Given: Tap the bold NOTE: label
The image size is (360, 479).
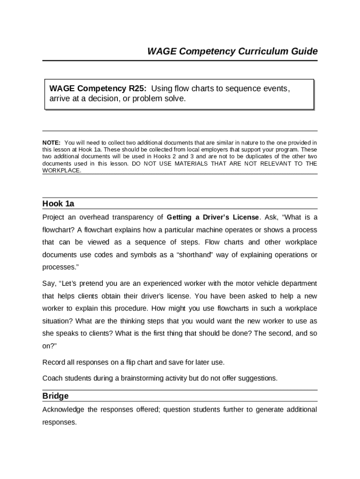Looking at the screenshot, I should (51, 142).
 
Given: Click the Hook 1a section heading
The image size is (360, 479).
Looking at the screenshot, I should (58, 203).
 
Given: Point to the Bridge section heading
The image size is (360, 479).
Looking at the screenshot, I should (56, 396).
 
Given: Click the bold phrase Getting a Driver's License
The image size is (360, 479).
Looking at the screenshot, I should (213, 218).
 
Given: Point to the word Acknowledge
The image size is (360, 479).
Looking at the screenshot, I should (63, 410).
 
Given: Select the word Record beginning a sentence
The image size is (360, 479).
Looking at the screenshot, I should (53, 362).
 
